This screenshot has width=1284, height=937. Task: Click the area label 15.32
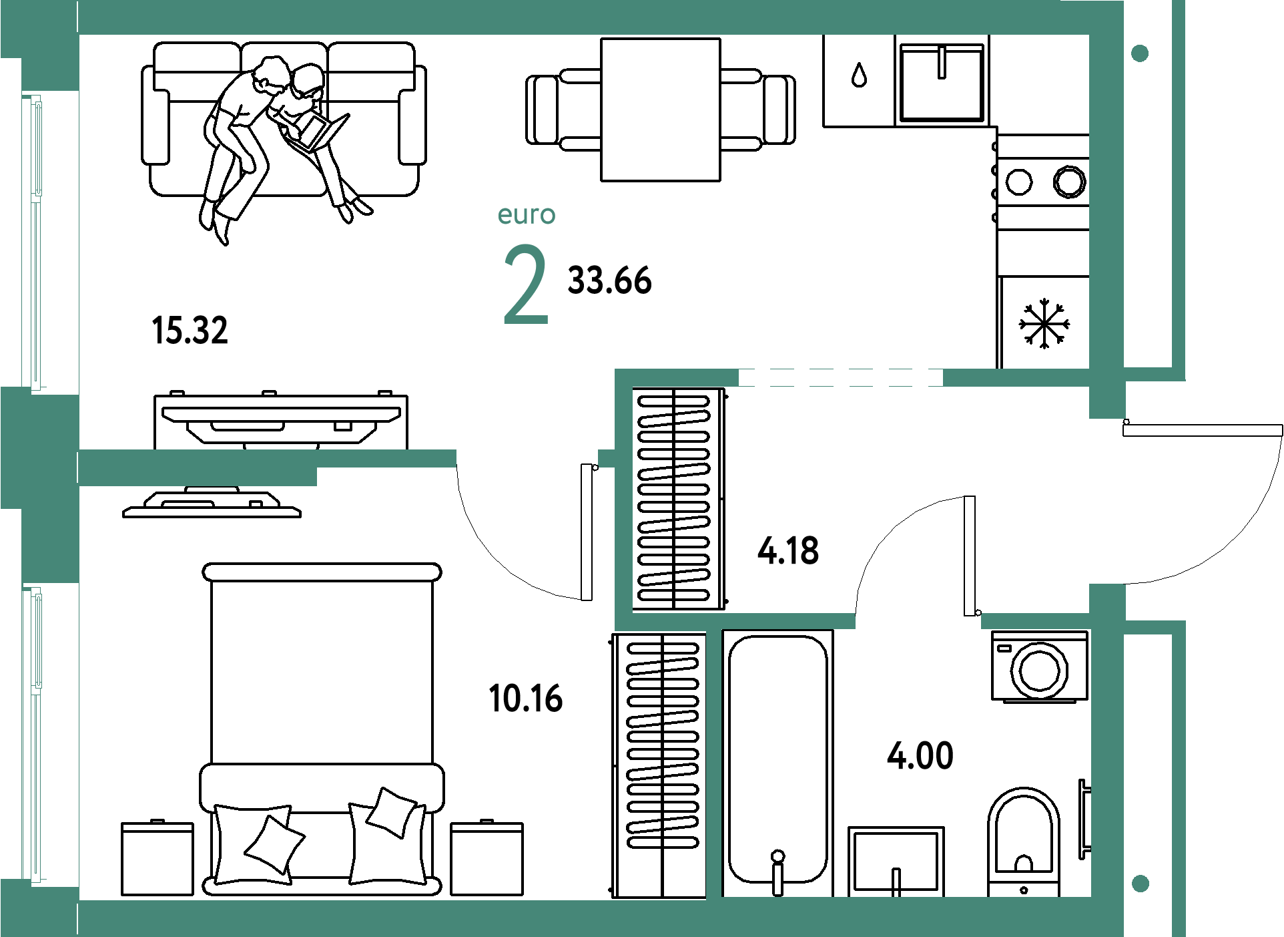pyautogui.click(x=190, y=330)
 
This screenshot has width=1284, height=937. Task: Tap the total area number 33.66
pyautogui.click(x=609, y=280)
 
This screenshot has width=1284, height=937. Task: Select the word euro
pyautogui.click(x=527, y=215)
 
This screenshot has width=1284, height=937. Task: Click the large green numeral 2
pyautogui.click(x=526, y=285)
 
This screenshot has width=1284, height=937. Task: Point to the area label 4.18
pyautogui.click(x=788, y=551)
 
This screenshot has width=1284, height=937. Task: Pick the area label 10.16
pyautogui.click(x=526, y=699)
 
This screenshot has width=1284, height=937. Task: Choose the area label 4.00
pyautogui.click(x=920, y=756)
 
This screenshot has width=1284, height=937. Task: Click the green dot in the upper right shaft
pyautogui.click(x=1140, y=53)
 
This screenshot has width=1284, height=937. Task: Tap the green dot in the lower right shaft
pyautogui.click(x=1141, y=884)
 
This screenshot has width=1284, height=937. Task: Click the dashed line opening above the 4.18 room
pyautogui.click(x=840, y=378)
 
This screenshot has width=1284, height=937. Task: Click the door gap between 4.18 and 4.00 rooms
pyautogui.click(x=918, y=621)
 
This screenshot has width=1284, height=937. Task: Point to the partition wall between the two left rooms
pyautogui.click(x=267, y=459)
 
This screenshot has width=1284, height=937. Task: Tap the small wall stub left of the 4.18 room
pyautogui.click(x=606, y=458)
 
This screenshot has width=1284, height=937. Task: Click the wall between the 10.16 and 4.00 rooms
pyautogui.click(x=713, y=761)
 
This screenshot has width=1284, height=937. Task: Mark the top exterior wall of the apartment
pyautogui.click(x=581, y=17)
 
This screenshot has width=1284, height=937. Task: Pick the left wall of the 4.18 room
pyautogui.click(x=623, y=501)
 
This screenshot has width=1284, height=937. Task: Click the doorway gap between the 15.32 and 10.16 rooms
pyautogui.click(x=527, y=459)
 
